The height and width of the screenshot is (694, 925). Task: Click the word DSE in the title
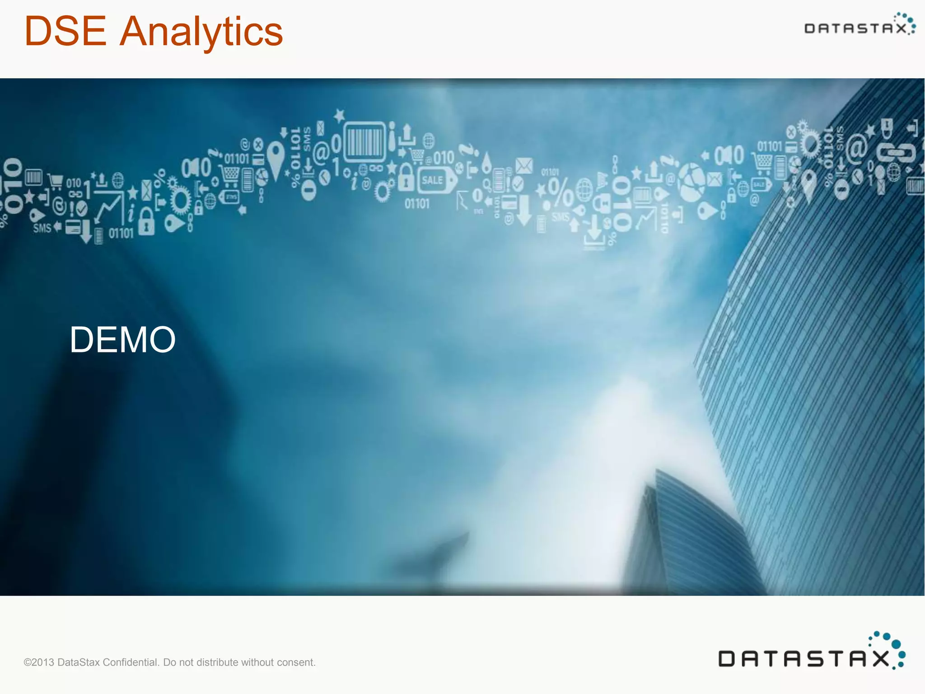65,32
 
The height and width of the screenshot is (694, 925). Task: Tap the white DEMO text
122,340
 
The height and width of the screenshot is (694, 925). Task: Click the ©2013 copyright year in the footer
39,662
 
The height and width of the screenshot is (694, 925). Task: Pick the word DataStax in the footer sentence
79,662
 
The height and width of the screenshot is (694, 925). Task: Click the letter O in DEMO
162,340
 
